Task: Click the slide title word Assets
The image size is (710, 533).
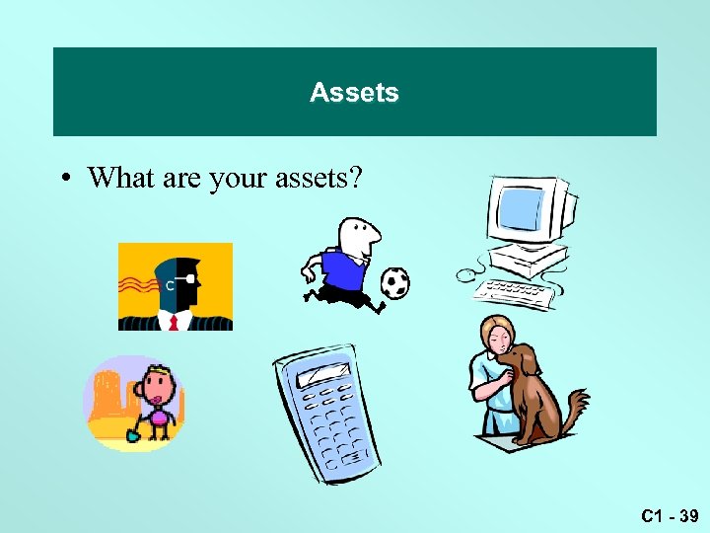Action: (354, 93)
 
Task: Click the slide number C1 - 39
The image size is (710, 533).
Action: (669, 516)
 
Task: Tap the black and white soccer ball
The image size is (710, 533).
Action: (394, 283)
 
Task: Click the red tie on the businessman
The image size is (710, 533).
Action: (174, 321)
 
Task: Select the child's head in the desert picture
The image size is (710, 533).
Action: (155, 384)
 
